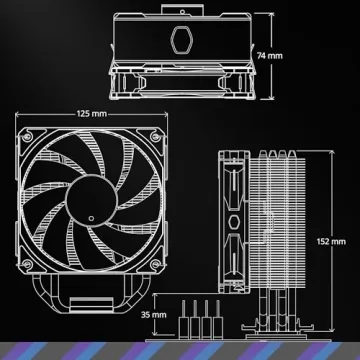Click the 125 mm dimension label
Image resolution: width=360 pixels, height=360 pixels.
91,113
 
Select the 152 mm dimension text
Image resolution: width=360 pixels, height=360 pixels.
343,242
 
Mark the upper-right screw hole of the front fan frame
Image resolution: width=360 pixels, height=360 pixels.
153,132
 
